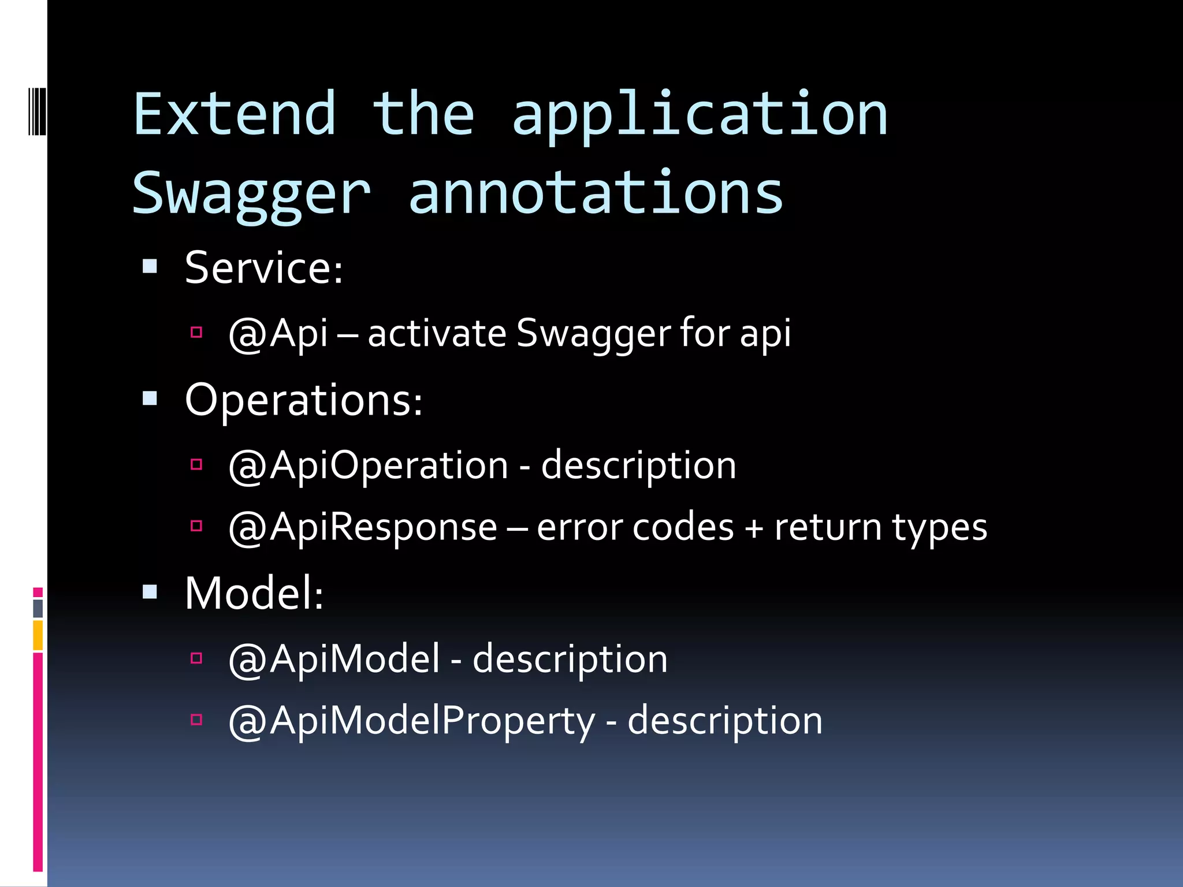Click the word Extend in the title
234,114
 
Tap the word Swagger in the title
251,193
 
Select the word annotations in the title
596,193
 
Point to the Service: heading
263,268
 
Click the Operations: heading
303,400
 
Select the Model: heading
254,593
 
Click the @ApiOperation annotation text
368,465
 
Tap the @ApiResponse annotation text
363,527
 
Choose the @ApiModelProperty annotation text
411,721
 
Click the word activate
437,334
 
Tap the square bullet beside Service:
150,266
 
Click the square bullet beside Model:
150,592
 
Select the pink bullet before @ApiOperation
196,464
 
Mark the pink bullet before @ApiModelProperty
196,720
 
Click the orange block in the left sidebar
38,635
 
